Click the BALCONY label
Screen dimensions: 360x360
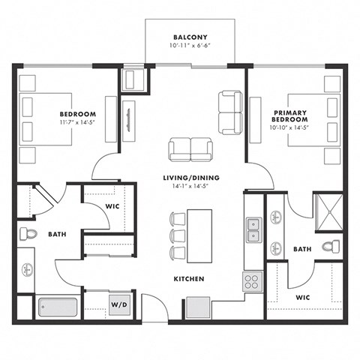click(x=190, y=37)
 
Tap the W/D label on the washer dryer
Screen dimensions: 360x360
click(x=119, y=305)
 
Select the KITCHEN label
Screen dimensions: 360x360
click(x=188, y=278)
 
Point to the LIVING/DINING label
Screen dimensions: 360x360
click(x=190, y=177)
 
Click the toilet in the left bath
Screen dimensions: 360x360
click(x=28, y=234)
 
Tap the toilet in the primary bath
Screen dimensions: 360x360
click(x=330, y=246)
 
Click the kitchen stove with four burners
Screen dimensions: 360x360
click(x=251, y=282)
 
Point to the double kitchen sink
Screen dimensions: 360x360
click(x=253, y=229)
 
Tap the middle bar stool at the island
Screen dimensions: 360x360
click(x=178, y=234)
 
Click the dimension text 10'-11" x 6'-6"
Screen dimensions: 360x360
click(x=190, y=46)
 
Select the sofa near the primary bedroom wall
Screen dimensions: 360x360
click(x=229, y=112)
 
